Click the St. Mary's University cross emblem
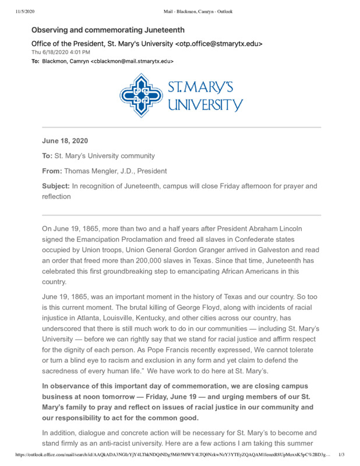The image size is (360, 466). point(142,96)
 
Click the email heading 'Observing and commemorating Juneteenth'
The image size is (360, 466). point(108,30)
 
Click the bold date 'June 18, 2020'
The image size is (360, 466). point(65,140)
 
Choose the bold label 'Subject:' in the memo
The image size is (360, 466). point(55,186)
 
